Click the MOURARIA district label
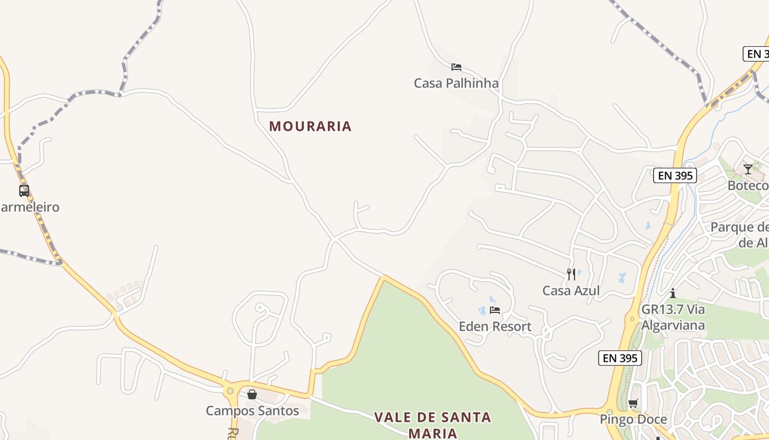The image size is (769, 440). coord(310,127)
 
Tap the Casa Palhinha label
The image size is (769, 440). coord(456,84)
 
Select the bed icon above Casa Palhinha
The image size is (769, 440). coord(456,67)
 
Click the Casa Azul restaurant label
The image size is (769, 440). coord(571,290)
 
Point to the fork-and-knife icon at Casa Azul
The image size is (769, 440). coord(571,274)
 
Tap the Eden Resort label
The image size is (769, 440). coord(495,327)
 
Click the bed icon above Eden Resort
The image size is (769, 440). coord(495,310)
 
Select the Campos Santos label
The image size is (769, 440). coord(252,411)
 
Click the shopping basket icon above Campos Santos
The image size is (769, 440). coord(252,394)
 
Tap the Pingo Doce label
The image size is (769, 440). coord(633,420)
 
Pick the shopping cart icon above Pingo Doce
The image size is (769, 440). coord(633,404)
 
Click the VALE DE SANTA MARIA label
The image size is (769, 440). coord(432,425)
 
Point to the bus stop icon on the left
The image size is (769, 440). coord(24,191)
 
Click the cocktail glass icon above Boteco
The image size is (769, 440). coord(748,169)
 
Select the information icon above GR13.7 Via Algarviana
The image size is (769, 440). coord(672,293)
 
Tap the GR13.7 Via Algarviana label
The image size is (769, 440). coord(673,317)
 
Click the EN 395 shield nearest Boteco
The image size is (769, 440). coord(675,176)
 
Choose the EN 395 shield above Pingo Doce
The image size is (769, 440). coord(620,358)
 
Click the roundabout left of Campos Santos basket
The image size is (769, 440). coord(230,391)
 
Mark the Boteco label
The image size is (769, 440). coord(748,185)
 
